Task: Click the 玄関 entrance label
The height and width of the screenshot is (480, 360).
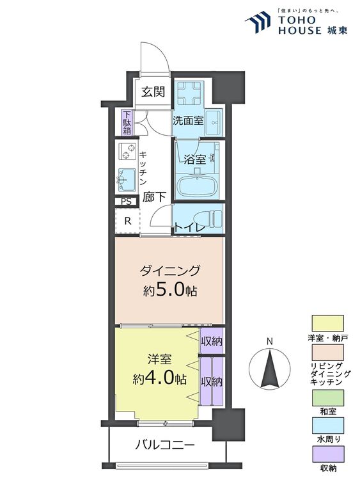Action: click(x=153, y=92)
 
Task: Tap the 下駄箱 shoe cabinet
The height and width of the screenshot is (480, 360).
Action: click(x=127, y=123)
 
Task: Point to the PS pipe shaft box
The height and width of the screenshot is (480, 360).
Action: click(x=127, y=202)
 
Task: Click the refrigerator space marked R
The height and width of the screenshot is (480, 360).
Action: click(x=127, y=221)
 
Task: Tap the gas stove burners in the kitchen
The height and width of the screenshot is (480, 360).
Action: click(x=127, y=152)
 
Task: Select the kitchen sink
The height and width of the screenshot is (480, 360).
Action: click(x=127, y=179)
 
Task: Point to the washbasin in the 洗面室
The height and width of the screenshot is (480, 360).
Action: click(x=212, y=123)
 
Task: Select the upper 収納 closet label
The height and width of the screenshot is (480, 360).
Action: click(x=212, y=340)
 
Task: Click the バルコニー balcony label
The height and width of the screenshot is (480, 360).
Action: click(x=165, y=445)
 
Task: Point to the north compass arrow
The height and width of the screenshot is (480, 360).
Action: click(x=269, y=369)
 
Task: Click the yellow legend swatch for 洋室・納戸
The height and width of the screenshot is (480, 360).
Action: click(x=327, y=323)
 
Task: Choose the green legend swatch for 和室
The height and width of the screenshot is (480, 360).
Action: click(x=327, y=397)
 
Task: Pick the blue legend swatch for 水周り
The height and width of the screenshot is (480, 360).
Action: click(x=327, y=425)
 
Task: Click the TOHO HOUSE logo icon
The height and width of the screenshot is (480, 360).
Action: click(x=258, y=22)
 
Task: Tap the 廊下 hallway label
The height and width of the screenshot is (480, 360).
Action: click(x=155, y=197)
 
